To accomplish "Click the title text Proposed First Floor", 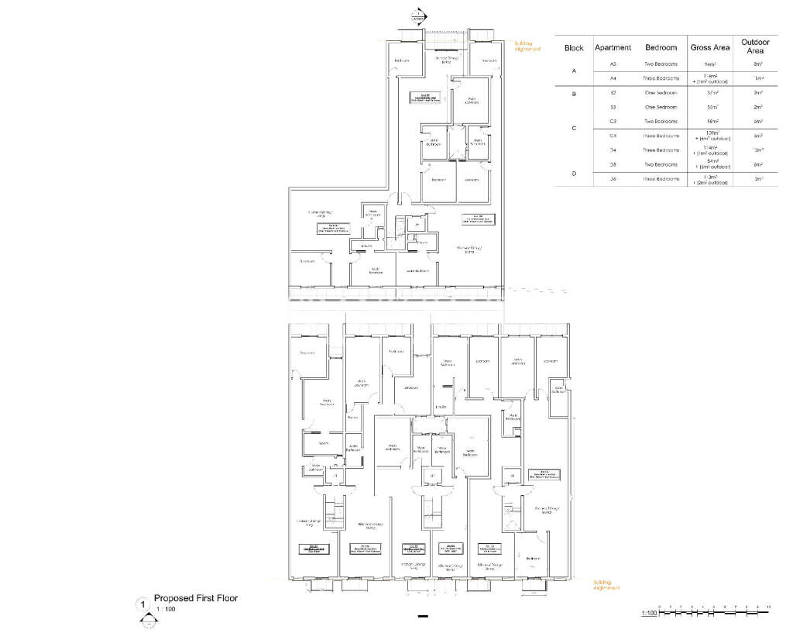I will [196, 598].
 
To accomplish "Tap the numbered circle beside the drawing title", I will [142, 603].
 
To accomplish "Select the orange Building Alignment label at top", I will [527, 46].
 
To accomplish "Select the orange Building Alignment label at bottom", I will [606, 585].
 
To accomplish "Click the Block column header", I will [574, 48].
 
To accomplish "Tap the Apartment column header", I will [613, 48].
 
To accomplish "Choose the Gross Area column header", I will [711, 48].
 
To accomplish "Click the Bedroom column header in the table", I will [661, 48].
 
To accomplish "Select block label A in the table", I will [574, 71].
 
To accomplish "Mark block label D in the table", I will [574, 174].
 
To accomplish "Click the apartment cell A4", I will [613, 78].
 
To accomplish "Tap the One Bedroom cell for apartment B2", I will [661, 92].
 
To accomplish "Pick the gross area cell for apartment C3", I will [711, 122].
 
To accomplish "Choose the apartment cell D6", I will [613, 179].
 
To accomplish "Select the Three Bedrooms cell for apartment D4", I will [661, 150].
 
